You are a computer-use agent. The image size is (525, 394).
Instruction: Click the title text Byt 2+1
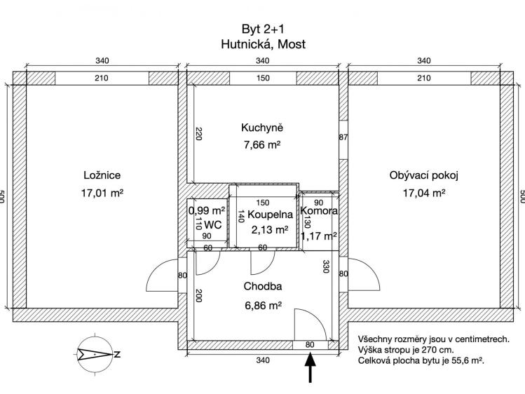point(263,29)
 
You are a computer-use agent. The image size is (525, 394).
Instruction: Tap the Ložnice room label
point(102,175)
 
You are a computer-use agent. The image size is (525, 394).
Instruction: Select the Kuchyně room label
point(262,128)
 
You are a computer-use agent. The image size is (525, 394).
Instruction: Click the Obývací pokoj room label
point(423,175)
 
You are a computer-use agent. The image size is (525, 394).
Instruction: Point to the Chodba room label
point(262,286)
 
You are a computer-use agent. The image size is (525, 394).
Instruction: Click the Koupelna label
point(270,215)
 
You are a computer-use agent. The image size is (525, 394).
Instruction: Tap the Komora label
point(319,211)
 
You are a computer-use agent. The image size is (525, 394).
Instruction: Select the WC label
point(212,224)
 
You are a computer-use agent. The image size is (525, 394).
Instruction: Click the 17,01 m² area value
point(102,193)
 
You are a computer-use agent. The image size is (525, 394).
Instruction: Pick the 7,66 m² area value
point(262,145)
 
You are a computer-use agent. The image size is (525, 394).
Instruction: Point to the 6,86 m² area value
point(262,306)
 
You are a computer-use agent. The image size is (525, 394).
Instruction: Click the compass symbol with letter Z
point(97,354)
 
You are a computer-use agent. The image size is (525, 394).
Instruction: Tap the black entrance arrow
point(311,367)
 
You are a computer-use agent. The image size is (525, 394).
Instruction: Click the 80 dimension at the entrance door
point(310,344)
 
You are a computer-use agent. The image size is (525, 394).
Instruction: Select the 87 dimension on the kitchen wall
point(343,137)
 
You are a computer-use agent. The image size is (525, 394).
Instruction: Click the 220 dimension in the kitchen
point(198,134)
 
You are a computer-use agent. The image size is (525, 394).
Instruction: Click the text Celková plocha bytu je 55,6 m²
point(421,361)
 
